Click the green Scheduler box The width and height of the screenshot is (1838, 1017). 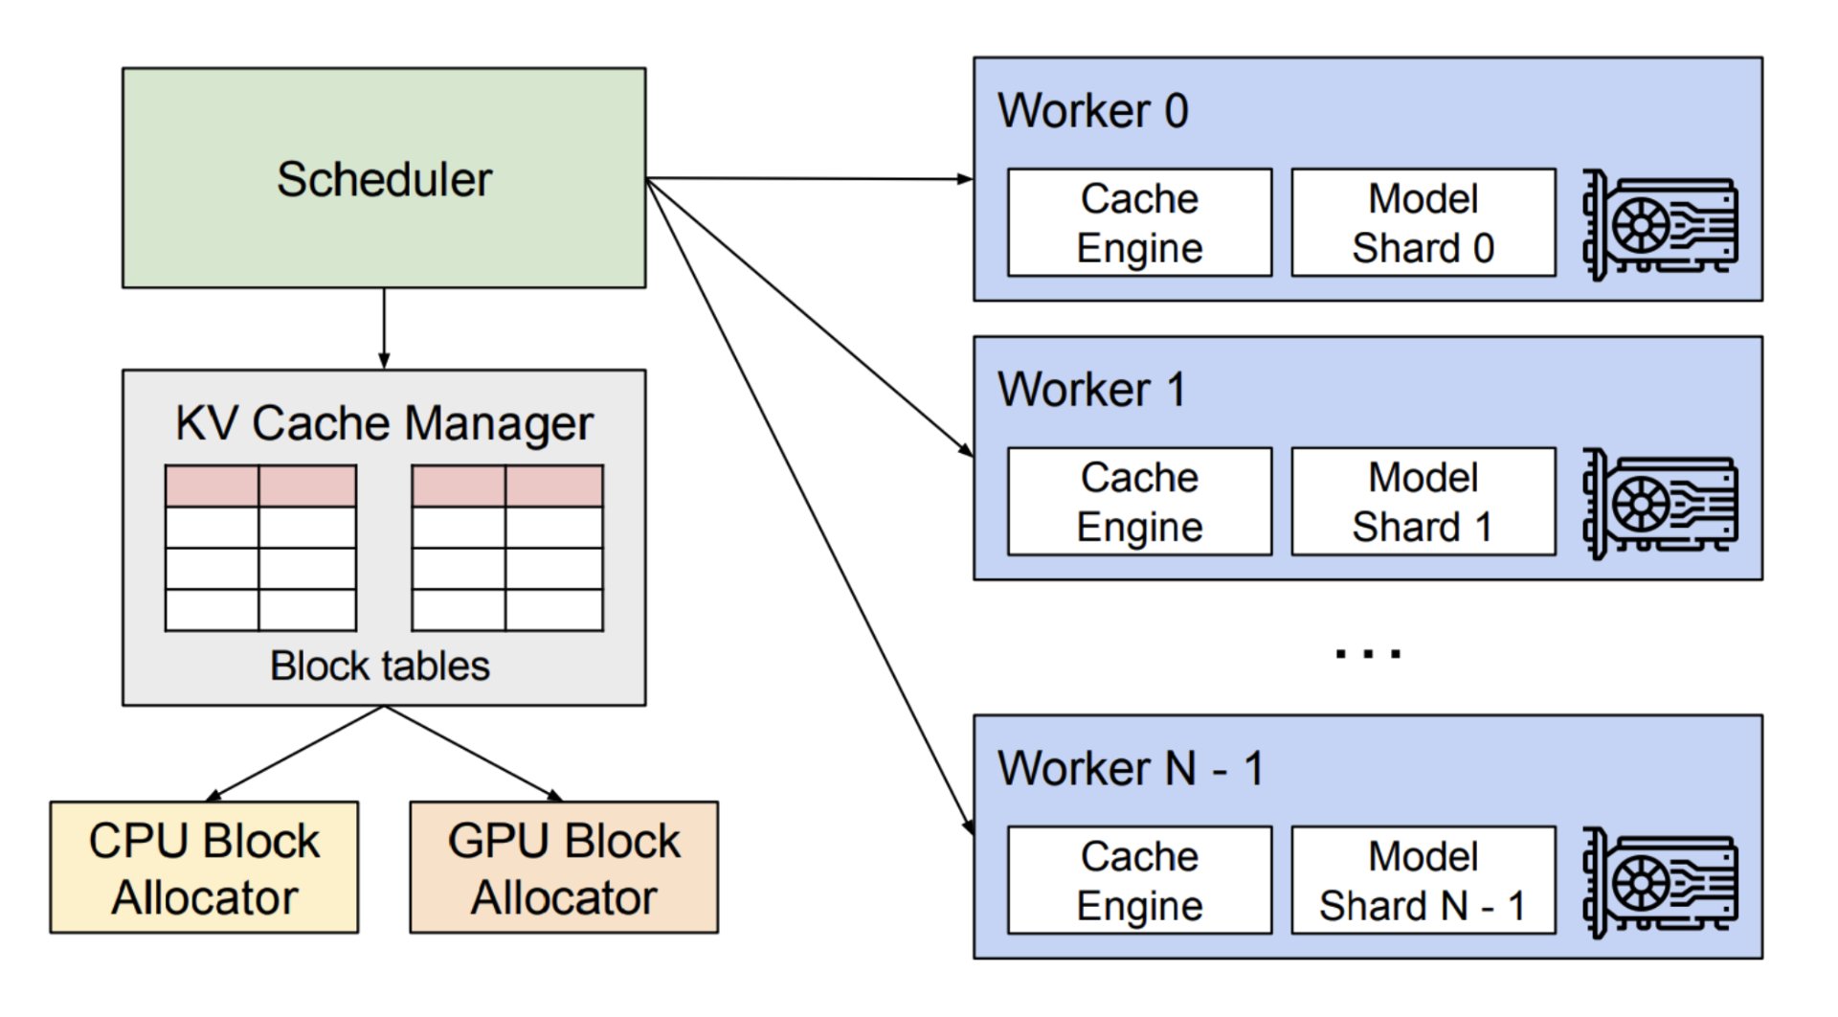click(x=384, y=177)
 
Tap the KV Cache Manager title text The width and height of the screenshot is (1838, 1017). click(x=384, y=423)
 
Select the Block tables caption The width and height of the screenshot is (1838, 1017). click(x=380, y=666)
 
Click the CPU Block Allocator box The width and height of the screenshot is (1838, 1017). click(x=204, y=868)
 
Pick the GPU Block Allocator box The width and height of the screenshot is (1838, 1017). click(x=564, y=868)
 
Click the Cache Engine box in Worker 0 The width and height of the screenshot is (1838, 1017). click(x=1140, y=223)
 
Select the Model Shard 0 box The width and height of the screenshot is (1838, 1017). click(x=1423, y=223)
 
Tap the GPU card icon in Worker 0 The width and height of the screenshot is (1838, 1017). click(x=1659, y=226)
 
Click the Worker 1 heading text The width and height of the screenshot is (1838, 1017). click(x=1091, y=390)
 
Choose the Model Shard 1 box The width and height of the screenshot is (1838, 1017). click(x=1423, y=502)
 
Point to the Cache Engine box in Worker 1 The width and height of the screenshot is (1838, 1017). click(x=1140, y=502)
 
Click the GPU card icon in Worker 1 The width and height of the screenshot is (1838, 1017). click(x=1659, y=505)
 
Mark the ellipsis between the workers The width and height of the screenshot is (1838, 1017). click(x=1368, y=654)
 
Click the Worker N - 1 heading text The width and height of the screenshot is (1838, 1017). click(x=1131, y=768)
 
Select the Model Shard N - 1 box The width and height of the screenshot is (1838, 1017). click(x=1423, y=881)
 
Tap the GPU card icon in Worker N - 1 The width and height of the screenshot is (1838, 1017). click(x=1659, y=883)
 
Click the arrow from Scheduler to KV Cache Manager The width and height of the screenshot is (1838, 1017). click(x=384, y=328)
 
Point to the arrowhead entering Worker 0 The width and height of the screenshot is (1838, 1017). click(x=965, y=179)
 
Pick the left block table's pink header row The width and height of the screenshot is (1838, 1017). click(x=260, y=486)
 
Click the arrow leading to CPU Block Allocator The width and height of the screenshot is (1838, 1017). click(x=294, y=754)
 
